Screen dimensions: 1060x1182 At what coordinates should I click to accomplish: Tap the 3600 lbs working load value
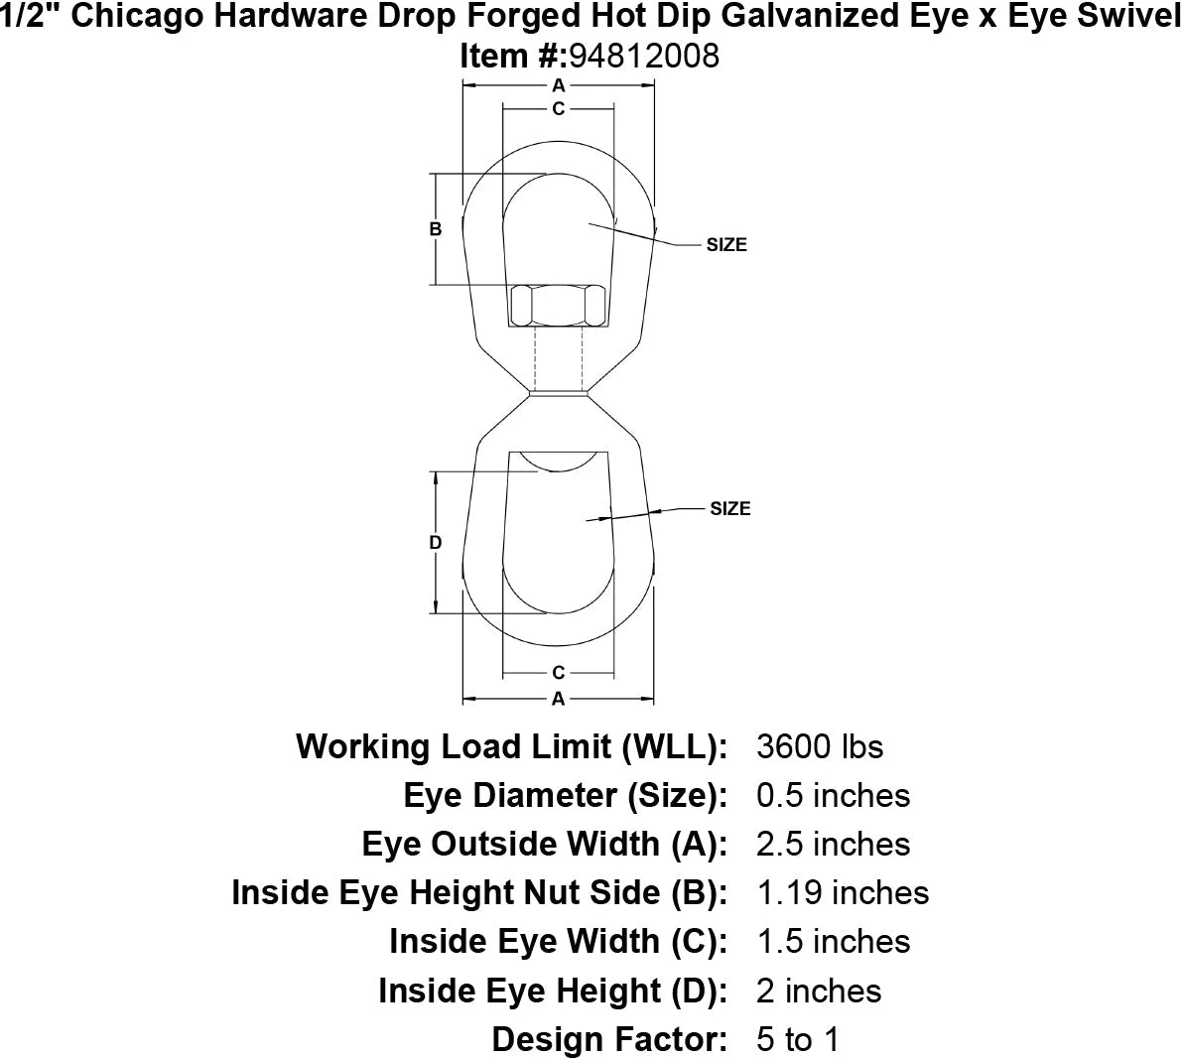(819, 746)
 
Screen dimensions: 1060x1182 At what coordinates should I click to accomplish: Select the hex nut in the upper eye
(558, 306)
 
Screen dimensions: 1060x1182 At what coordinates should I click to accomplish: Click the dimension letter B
(435, 229)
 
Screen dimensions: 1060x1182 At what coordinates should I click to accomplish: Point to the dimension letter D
(435, 543)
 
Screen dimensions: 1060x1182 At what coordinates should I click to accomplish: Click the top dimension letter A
(559, 85)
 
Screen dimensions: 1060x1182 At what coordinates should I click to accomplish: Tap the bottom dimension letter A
(559, 699)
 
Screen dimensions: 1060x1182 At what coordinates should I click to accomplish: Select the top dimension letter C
(559, 108)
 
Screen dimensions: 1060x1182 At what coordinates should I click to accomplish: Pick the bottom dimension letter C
(559, 673)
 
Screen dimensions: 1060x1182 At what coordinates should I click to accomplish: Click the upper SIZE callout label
(726, 245)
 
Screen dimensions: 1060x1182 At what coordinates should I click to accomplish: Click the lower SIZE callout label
(730, 509)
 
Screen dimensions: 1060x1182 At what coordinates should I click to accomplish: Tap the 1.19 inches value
(843, 892)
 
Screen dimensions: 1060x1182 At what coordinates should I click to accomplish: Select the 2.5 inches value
(833, 844)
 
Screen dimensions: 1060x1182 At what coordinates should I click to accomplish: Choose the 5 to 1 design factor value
(797, 1039)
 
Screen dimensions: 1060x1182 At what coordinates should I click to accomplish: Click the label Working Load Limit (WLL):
(512, 746)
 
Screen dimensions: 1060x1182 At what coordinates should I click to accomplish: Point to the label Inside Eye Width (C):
(559, 941)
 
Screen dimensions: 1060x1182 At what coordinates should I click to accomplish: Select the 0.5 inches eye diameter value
(833, 795)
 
